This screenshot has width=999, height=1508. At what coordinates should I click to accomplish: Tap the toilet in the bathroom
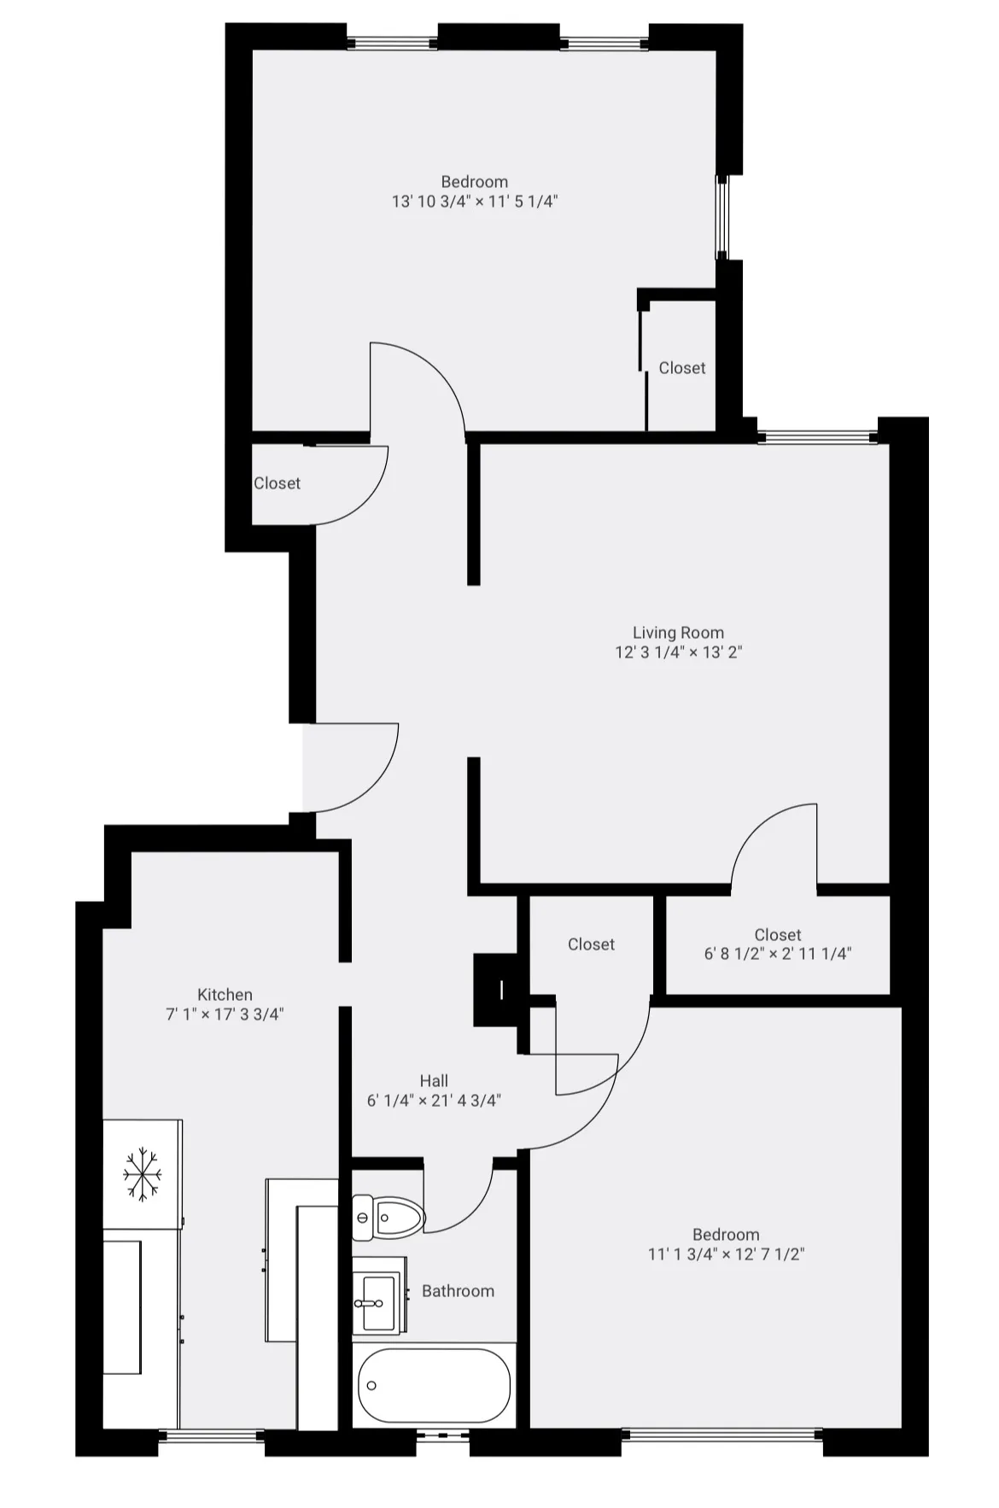pyautogui.click(x=389, y=1217)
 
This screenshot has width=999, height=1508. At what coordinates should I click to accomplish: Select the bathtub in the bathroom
pyautogui.click(x=434, y=1385)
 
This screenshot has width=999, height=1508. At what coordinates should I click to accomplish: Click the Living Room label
pyautogui.click(x=678, y=633)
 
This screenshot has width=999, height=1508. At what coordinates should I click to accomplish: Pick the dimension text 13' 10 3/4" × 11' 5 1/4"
pyautogui.click(x=475, y=202)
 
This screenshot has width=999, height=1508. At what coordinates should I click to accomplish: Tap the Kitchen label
pyautogui.click(x=225, y=995)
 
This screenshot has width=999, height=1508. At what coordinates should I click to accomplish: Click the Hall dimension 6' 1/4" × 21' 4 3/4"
pyautogui.click(x=434, y=1101)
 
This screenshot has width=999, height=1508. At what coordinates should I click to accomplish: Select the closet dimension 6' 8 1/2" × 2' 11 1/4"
pyautogui.click(x=777, y=954)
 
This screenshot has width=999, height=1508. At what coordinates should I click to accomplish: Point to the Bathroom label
pyautogui.click(x=458, y=1291)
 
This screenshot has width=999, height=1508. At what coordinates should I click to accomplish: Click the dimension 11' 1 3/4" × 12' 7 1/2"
pyautogui.click(x=726, y=1254)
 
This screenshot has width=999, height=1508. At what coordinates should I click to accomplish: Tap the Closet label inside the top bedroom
pyautogui.click(x=682, y=368)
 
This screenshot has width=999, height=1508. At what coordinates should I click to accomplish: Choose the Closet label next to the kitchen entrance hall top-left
pyautogui.click(x=277, y=483)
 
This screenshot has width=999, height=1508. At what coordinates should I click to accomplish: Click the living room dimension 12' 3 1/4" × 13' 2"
pyautogui.click(x=678, y=652)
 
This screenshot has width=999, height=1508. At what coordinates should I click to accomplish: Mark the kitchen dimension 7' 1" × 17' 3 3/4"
pyautogui.click(x=225, y=1014)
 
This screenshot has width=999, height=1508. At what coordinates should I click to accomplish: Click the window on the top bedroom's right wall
pyautogui.click(x=722, y=217)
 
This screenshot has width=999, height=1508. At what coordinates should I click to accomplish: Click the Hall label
pyautogui.click(x=434, y=1081)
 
